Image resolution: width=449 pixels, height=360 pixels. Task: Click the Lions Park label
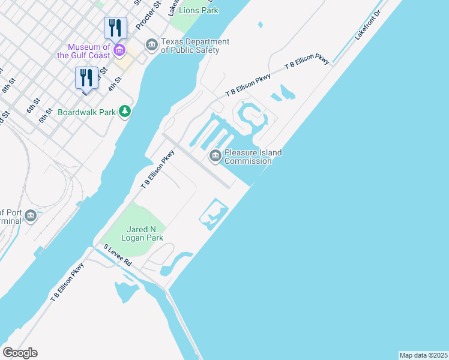tap(202, 10)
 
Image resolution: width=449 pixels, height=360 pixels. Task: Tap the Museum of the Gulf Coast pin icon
tap(120, 49)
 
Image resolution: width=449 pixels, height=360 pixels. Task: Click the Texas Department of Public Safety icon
tap(151, 44)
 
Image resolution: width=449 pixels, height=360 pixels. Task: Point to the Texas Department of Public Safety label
tap(194, 46)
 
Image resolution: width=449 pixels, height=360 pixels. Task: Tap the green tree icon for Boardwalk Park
tap(125, 111)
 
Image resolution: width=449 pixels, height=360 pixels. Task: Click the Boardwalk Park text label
tap(86, 112)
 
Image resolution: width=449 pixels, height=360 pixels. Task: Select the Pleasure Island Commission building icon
tap(215, 157)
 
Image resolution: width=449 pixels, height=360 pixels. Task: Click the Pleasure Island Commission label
tap(253, 157)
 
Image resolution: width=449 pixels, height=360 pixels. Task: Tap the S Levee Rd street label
tap(117, 255)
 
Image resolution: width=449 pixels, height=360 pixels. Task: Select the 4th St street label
tap(115, 82)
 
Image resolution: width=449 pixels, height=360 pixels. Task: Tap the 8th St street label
tap(8, 85)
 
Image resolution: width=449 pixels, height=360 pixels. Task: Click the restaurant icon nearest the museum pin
tap(115, 28)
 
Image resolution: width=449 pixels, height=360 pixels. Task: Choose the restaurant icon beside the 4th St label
tap(86, 77)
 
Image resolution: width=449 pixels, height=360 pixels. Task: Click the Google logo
tap(20, 352)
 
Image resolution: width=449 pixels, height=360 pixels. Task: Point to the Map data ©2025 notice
tap(423, 355)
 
